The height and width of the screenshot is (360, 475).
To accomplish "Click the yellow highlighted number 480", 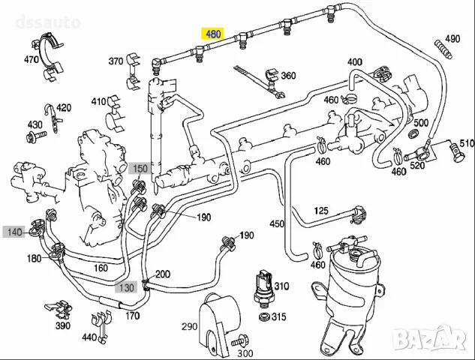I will pos(213,34).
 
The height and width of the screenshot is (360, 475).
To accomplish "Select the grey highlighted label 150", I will pos(140,169).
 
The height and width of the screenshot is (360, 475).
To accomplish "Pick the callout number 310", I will pos(281,286).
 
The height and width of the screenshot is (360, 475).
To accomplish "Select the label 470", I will pos(32,59).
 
